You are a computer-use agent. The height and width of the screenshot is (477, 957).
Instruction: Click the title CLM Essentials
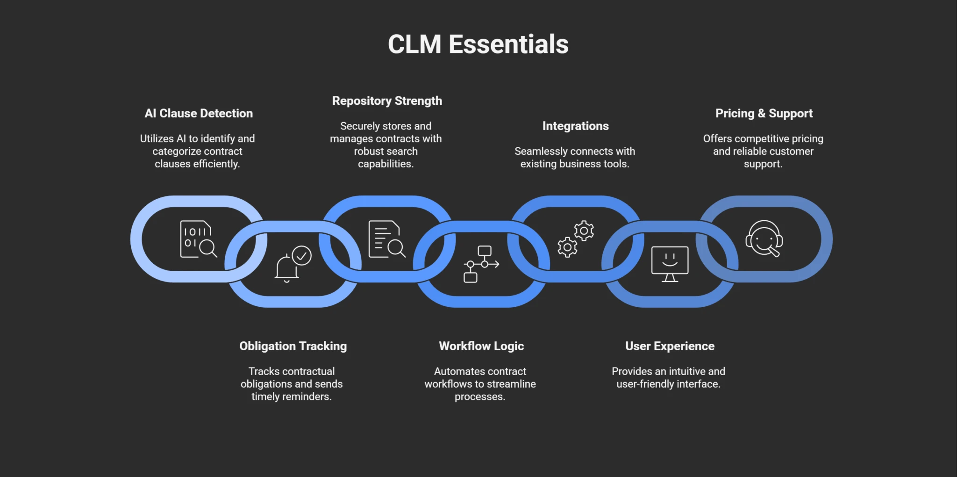(x=478, y=44)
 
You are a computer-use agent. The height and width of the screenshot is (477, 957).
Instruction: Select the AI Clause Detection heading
(x=199, y=114)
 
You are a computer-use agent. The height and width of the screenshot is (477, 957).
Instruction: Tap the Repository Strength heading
(x=387, y=101)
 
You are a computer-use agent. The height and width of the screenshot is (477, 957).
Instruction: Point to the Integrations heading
(x=575, y=126)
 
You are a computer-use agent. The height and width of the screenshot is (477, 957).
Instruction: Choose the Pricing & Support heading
(x=764, y=114)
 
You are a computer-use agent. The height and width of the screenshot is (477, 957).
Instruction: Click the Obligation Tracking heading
(x=293, y=346)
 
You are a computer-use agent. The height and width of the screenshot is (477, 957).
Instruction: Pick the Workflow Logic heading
(x=481, y=346)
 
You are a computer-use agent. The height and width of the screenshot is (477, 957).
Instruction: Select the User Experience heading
(x=670, y=346)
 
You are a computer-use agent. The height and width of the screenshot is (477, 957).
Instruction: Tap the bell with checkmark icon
(x=293, y=264)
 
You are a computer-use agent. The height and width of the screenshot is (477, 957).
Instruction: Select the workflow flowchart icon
(x=481, y=264)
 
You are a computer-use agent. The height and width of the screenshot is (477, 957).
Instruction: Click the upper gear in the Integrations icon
(x=584, y=231)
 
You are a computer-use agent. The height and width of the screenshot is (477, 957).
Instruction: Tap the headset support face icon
(x=764, y=239)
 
